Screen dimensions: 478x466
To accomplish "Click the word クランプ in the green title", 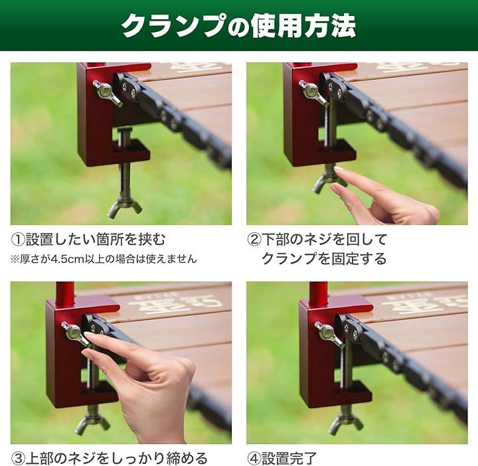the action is [x=174, y=26].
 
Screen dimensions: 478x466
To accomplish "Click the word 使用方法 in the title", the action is [x=303, y=26].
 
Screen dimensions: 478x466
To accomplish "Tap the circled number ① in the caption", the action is [x=17, y=240].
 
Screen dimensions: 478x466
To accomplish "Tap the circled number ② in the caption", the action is [x=254, y=240].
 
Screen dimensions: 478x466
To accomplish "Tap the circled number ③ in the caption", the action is [x=17, y=459].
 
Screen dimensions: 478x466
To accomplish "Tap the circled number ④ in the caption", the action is [x=254, y=459].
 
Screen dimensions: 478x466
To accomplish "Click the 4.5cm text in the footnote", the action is [x=67, y=260].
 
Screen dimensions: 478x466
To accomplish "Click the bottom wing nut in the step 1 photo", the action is [x=125, y=207].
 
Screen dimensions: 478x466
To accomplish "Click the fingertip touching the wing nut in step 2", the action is [x=339, y=169].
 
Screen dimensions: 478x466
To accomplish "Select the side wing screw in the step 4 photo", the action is [x=329, y=334].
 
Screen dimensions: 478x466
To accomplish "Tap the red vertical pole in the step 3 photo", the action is [x=65, y=291].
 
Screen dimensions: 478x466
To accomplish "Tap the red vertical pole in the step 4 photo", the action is [x=319, y=291].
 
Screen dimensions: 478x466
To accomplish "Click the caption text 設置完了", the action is [x=289, y=459].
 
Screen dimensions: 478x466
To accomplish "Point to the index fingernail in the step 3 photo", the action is [x=90, y=335].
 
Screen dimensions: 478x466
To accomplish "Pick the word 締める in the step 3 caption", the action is [x=187, y=459].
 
